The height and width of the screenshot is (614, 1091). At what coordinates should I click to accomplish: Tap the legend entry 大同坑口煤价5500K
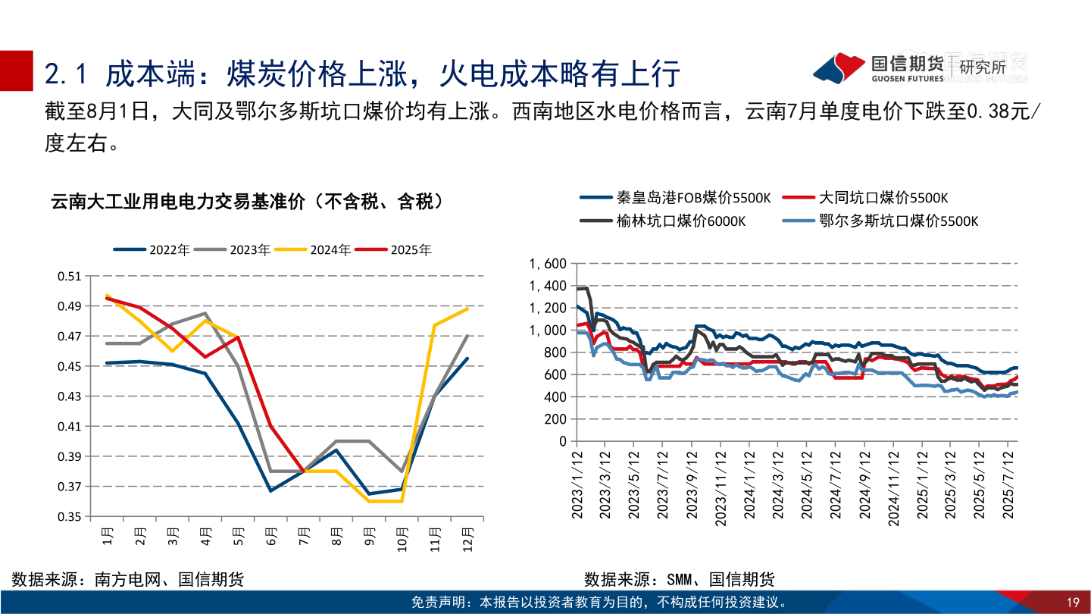883,198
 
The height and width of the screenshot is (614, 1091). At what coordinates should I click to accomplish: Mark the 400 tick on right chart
555,396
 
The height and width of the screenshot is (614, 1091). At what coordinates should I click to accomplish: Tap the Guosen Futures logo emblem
838,67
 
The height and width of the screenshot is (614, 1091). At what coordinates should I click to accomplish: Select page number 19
1072,603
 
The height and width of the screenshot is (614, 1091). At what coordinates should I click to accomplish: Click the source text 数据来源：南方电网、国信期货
127,580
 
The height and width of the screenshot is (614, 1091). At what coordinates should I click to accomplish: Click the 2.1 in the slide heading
68,74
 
